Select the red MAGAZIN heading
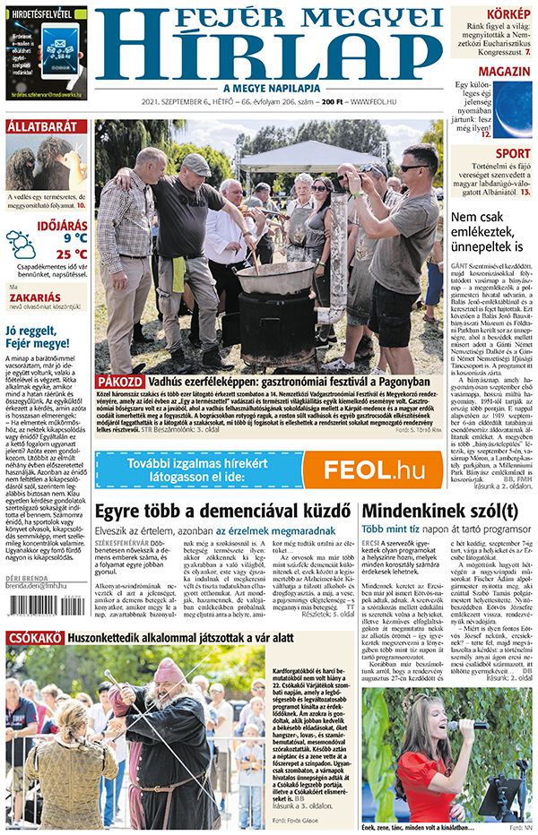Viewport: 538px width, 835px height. click(x=502, y=72)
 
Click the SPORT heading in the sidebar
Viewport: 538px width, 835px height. click(x=512, y=153)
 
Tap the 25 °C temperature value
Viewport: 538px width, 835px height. click(x=68, y=254)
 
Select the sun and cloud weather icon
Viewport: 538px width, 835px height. click(x=22, y=244)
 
